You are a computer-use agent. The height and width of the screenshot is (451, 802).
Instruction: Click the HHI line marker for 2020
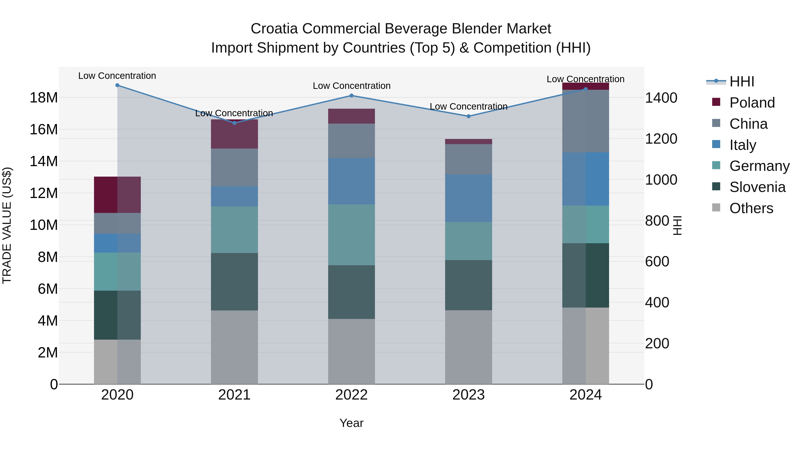(117, 85)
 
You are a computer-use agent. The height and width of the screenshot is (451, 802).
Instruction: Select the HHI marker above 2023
(469, 116)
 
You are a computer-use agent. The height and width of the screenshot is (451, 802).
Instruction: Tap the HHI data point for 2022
(352, 96)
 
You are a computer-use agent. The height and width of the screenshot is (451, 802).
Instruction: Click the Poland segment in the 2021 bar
(234, 134)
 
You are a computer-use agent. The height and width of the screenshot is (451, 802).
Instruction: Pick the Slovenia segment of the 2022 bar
(352, 292)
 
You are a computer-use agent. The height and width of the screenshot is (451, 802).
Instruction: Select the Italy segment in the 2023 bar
(469, 198)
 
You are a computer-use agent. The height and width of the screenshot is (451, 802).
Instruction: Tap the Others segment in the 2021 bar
(234, 347)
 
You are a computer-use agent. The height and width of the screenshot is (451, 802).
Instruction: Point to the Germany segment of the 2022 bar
(352, 235)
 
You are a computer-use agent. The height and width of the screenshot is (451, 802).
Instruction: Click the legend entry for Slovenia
(757, 187)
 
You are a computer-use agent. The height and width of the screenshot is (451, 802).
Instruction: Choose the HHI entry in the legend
(742, 82)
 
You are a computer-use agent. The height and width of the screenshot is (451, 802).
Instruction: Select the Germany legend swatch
(716, 165)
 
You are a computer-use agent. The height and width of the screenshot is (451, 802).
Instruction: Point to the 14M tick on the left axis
(44, 161)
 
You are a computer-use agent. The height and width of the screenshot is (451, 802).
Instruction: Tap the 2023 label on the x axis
(469, 395)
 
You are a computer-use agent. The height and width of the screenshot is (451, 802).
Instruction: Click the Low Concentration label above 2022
(352, 86)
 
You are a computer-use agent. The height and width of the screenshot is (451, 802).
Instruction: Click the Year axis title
(352, 423)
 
